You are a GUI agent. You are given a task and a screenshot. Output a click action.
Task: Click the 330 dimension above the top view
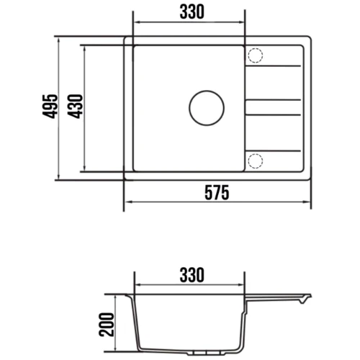(192, 12)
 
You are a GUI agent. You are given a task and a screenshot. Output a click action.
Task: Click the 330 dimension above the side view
(192, 275)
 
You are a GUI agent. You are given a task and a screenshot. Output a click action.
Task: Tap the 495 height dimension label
(50, 107)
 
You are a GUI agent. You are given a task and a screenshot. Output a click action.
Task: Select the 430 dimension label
(75, 107)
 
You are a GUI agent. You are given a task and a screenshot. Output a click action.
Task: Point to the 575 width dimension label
(217, 193)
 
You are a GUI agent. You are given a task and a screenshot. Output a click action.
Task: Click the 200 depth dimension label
(106, 325)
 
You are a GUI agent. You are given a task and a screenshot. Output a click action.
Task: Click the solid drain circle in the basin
(207, 108)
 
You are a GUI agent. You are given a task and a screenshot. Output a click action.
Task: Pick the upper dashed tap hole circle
(256, 55)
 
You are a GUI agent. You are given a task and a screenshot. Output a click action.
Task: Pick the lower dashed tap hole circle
(256, 161)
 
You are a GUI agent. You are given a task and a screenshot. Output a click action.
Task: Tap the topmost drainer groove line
(273, 66)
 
